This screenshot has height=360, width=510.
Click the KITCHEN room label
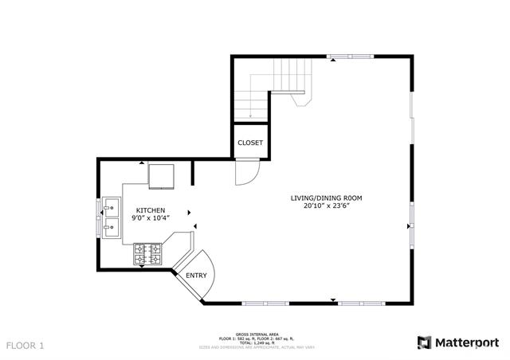click(x=150, y=210)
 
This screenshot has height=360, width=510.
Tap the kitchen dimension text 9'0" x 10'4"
click(x=150, y=218)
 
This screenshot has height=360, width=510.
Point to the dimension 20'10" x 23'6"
click(x=328, y=206)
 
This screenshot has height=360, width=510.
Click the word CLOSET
click(x=250, y=143)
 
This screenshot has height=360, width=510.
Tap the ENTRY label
click(x=196, y=276)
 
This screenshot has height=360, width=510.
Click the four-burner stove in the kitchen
click(x=147, y=254)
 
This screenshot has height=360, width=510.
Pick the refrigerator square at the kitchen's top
click(x=163, y=175)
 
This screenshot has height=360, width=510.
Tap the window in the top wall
click(x=349, y=56)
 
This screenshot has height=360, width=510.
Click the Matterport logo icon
click(x=425, y=342)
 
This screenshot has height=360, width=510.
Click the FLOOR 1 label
click(x=25, y=346)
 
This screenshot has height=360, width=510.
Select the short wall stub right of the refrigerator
click(x=193, y=173)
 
